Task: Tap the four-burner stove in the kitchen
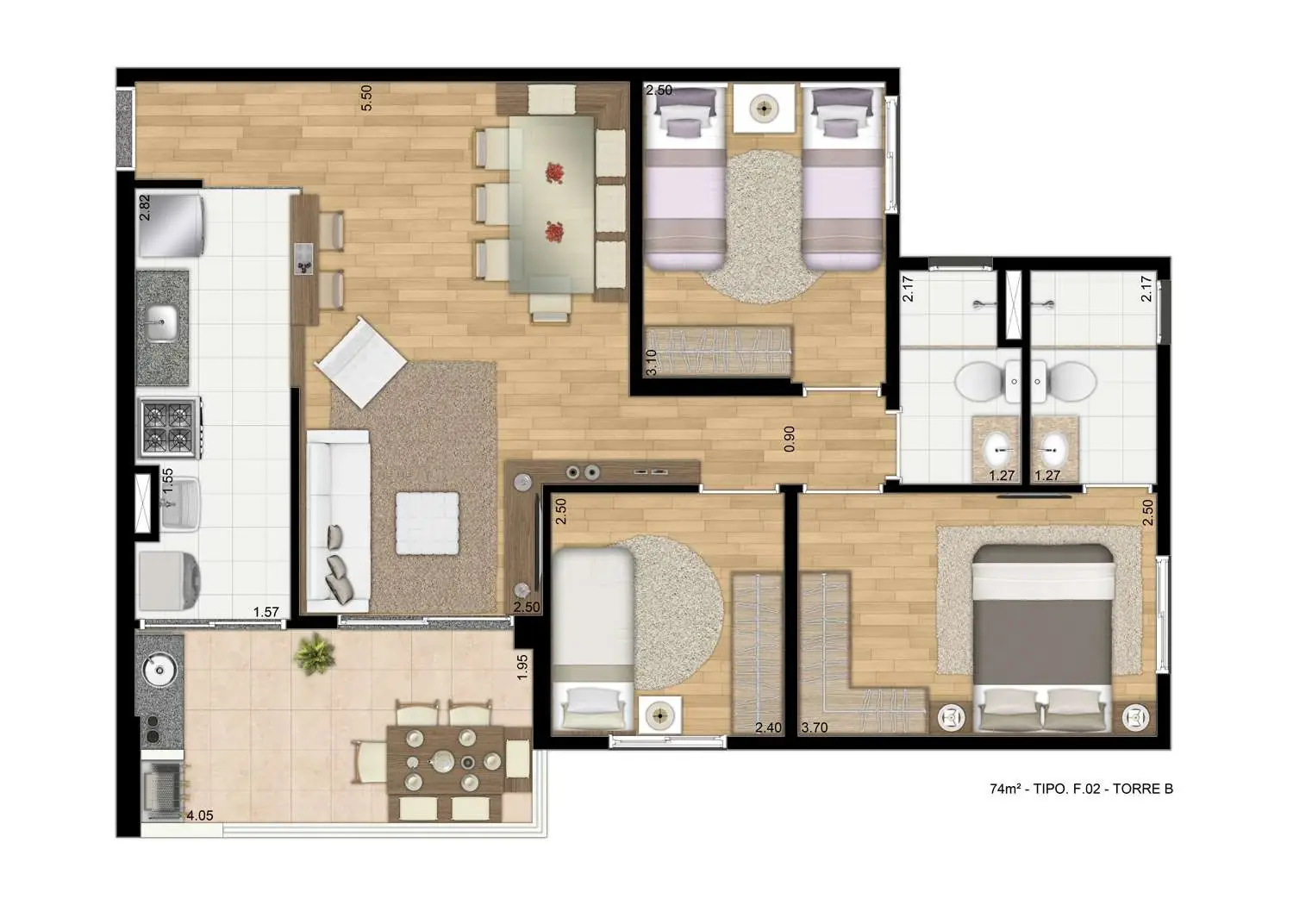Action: click(x=170, y=428)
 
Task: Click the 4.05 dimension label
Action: click(x=199, y=814)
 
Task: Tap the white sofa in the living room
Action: click(x=338, y=521)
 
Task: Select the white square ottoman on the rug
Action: click(x=427, y=522)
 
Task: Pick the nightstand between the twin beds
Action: click(x=764, y=108)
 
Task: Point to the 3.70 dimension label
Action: click(x=815, y=727)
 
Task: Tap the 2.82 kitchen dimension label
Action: click(x=146, y=209)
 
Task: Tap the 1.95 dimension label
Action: click(x=522, y=667)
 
